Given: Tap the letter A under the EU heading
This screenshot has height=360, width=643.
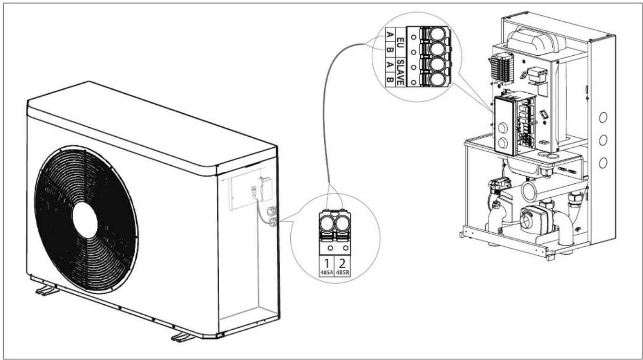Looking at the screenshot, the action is coord(389,34).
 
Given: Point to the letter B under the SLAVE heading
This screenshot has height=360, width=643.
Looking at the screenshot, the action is coord(389,82).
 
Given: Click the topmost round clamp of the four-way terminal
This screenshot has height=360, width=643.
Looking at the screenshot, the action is coord(437,34).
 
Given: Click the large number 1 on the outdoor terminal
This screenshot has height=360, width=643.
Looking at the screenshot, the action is coord(326,263).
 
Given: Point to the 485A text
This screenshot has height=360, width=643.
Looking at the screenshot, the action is coord(326,274).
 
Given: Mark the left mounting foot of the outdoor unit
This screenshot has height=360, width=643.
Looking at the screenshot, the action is coord(47,290).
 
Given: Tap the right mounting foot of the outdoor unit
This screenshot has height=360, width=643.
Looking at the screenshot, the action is coord(183,337).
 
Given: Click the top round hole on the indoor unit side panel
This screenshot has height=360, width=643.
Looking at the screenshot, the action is coord(603,118).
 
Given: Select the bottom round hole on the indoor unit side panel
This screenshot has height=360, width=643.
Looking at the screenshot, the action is coord(603,162).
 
